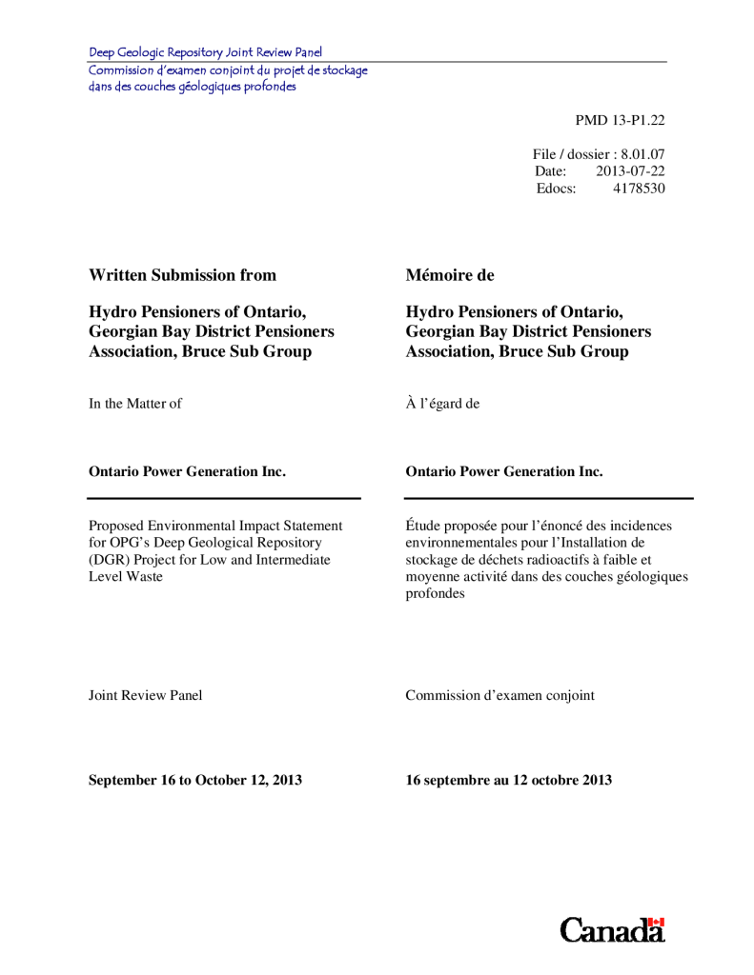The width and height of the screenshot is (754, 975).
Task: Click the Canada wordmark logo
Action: (612, 930)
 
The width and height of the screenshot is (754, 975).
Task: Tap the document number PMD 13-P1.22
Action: (620, 120)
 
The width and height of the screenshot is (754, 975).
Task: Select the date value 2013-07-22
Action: (630, 171)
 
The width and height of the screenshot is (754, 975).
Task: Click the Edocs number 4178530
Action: (639, 189)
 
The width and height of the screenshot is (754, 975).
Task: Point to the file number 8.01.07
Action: (642, 154)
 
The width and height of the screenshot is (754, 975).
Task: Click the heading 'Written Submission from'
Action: (182, 275)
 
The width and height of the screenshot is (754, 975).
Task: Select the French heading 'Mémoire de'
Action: (450, 275)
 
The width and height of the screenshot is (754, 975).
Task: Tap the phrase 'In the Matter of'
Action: (134, 404)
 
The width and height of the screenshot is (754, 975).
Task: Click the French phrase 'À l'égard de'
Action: (442, 404)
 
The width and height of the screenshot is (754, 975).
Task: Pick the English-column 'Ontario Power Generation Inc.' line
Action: (187, 471)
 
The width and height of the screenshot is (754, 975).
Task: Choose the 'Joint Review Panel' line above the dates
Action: (145, 695)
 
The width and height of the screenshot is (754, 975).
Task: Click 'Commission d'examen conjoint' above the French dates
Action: (499, 695)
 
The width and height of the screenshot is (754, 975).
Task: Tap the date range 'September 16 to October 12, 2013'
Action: (195, 780)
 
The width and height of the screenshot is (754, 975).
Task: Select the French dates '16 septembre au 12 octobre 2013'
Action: (508, 780)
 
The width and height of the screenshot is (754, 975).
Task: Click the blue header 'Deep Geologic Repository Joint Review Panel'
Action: (206, 52)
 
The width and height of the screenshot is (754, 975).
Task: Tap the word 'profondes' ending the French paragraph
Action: (435, 594)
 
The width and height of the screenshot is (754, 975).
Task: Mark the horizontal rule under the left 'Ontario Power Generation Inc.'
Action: (224, 498)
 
